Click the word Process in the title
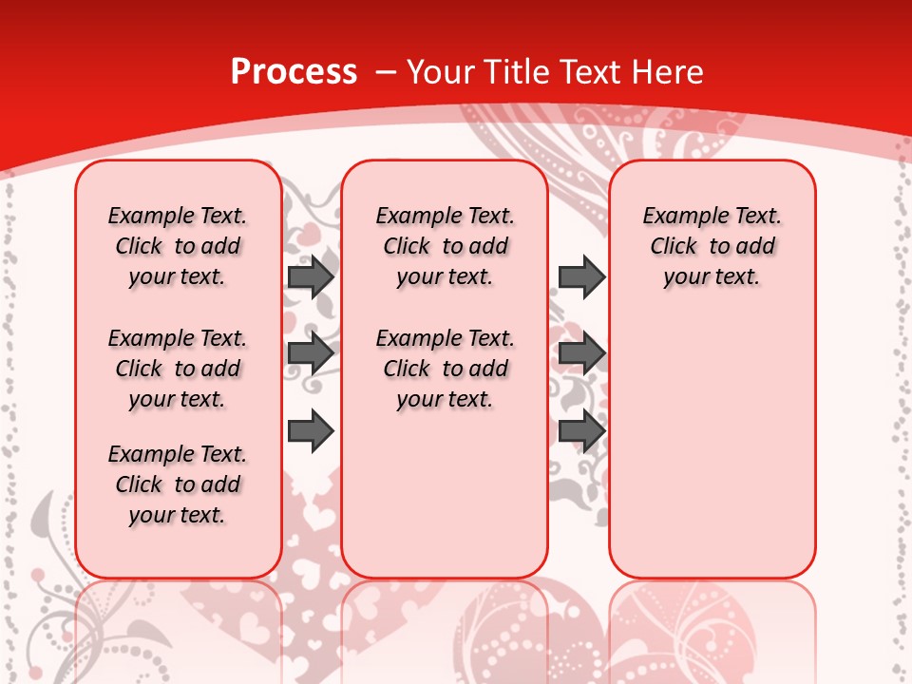click(294, 72)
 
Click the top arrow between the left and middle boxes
click(311, 276)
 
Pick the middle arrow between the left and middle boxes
click(311, 353)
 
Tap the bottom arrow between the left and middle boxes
click(311, 431)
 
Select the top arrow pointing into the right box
click(581, 276)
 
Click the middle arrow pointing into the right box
click(581, 353)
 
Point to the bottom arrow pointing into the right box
click(581, 431)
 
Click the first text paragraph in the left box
click(178, 246)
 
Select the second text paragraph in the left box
click(178, 369)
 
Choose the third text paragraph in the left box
click(178, 484)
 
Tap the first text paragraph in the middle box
click(445, 246)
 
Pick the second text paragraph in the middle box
click(445, 369)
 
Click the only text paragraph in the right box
click(712, 246)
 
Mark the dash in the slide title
click(385, 72)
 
